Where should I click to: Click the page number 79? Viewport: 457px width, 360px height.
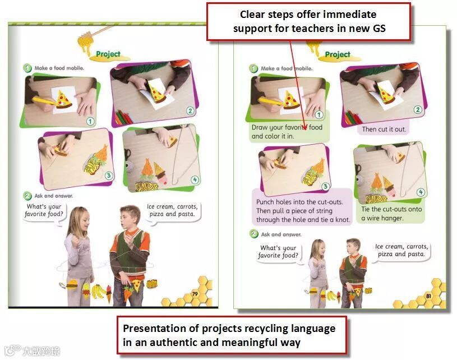195,294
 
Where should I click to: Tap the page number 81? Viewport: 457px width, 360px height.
428,296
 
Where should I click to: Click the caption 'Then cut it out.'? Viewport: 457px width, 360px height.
384,129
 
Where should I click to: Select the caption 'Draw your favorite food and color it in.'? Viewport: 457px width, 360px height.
287,131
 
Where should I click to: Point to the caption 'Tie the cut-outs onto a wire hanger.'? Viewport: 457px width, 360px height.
391,214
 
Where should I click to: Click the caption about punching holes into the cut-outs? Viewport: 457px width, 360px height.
303,211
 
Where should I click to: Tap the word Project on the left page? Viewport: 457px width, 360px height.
108,54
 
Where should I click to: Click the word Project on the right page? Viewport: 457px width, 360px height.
338,54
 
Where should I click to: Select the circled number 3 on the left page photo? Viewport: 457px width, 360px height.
109,175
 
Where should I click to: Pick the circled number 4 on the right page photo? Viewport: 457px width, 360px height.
421,192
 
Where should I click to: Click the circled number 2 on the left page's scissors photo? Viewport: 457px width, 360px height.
190,110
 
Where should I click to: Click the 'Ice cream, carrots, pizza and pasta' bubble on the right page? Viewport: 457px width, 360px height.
401,251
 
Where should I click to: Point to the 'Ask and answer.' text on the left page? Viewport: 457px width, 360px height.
54,196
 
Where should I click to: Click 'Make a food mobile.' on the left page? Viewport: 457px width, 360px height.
59,68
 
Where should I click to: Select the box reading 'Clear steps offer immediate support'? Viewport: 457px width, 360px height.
308,21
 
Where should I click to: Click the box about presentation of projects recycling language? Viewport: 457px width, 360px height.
232,335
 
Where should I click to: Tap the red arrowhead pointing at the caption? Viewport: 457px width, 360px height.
304,127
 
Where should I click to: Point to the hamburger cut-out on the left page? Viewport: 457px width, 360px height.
72,284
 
